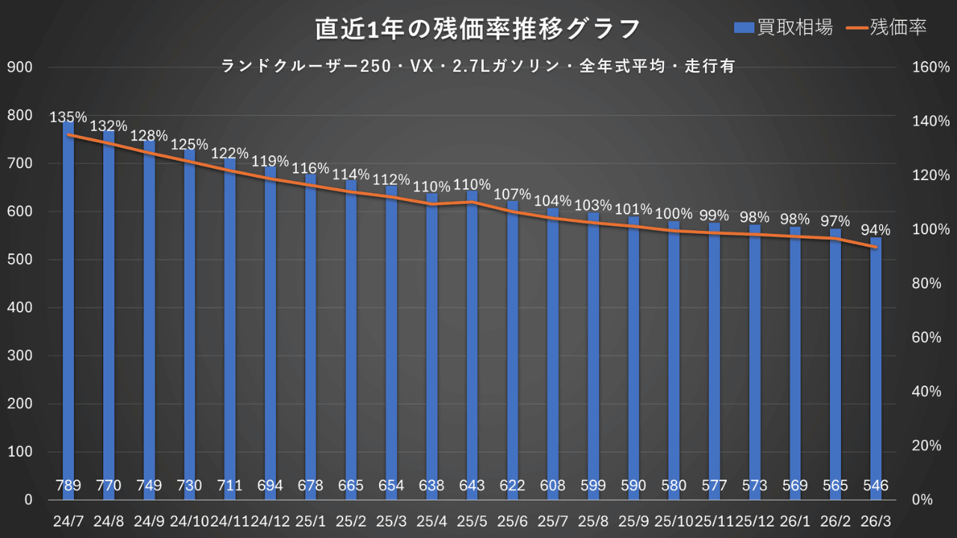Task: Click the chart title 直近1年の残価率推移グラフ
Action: [x=478, y=28]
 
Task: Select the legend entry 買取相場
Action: [x=783, y=28]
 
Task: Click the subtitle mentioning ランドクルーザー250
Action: [x=478, y=67]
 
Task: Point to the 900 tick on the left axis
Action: [x=20, y=67]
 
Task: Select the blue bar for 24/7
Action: [x=69, y=314]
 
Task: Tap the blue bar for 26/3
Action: [x=876, y=374]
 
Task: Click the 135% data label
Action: [x=69, y=117]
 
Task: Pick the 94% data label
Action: [x=876, y=229]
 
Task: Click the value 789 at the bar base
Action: [x=69, y=486]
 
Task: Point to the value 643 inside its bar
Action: [x=473, y=486]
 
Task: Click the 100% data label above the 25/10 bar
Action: [x=674, y=214]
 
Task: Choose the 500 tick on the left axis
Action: [x=20, y=260]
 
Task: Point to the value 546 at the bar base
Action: [x=876, y=486]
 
